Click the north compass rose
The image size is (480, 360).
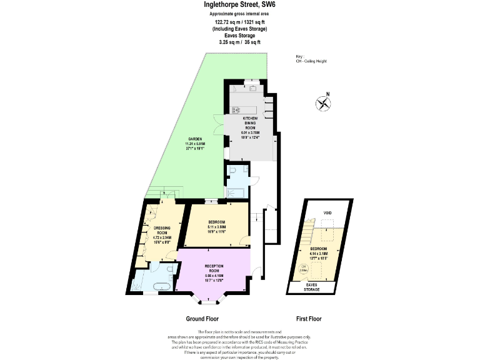coord(323,104)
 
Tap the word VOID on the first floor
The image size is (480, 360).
coord(327,213)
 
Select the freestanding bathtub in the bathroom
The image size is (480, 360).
coord(154,286)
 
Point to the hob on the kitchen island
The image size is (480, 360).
coord(237,110)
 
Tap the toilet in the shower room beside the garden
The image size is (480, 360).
coord(232,169)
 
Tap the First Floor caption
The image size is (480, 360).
coord(308,319)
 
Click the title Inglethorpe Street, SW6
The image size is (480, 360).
coord(240,4)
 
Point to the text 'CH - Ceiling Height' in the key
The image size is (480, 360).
coord(311,61)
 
